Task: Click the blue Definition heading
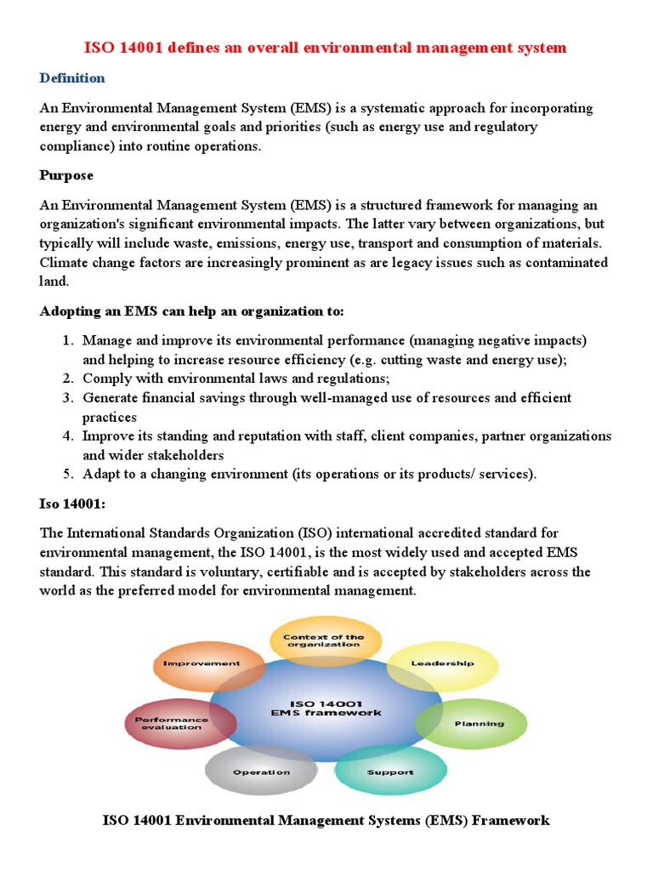[x=72, y=78]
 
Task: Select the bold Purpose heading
[x=66, y=175]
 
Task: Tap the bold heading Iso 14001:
[x=72, y=504]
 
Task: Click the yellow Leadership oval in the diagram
[x=442, y=663]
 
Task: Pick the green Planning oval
[x=479, y=724]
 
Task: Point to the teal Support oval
[x=390, y=772]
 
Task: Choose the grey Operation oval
[x=261, y=772]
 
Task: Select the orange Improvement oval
[x=201, y=663]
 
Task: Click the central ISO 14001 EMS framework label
[x=326, y=708]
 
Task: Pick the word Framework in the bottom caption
[x=510, y=821]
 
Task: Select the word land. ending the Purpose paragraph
[x=54, y=282]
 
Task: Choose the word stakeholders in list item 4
[x=186, y=455]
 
